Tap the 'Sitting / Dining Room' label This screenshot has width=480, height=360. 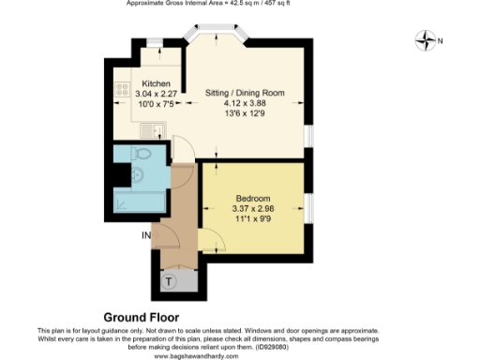245,94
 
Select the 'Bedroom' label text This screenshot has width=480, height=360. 252,198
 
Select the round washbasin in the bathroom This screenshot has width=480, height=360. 137,173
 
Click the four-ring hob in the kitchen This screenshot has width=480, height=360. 121,91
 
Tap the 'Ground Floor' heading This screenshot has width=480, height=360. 141,318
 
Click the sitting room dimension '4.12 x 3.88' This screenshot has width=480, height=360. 245,104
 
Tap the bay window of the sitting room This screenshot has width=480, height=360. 218,35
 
